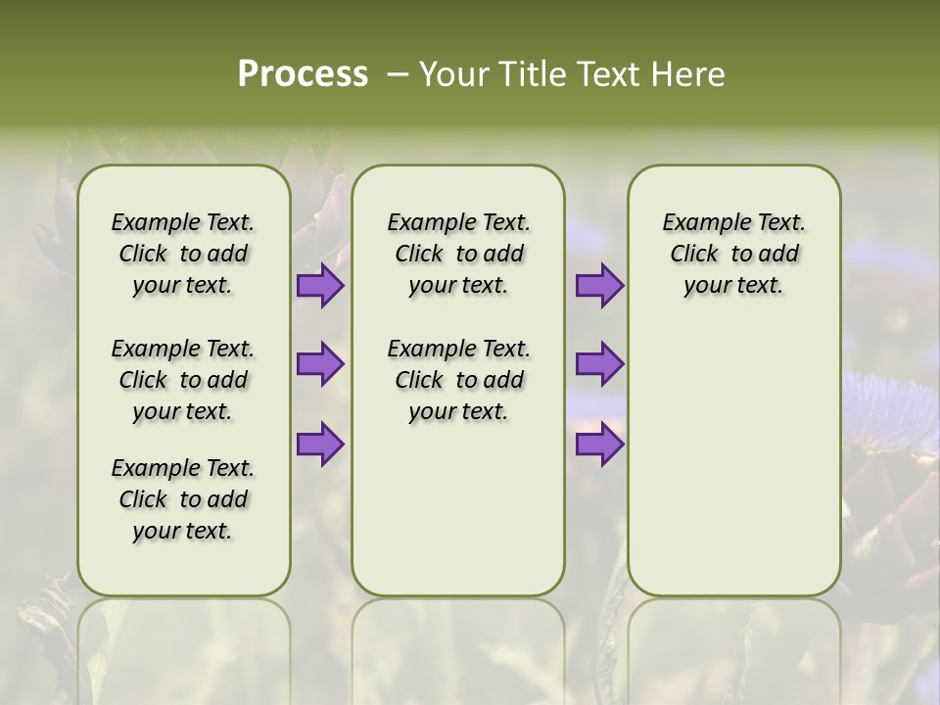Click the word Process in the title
click(x=303, y=73)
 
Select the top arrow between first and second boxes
click(x=320, y=286)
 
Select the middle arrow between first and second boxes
click(x=320, y=364)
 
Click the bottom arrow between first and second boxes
click(x=320, y=445)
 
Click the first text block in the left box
click(x=183, y=254)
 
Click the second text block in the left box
click(x=183, y=380)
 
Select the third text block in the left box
click(x=183, y=499)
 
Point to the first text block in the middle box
click(x=458, y=254)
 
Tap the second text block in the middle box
click(x=458, y=380)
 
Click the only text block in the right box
click(x=733, y=254)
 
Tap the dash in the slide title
click(x=398, y=74)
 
